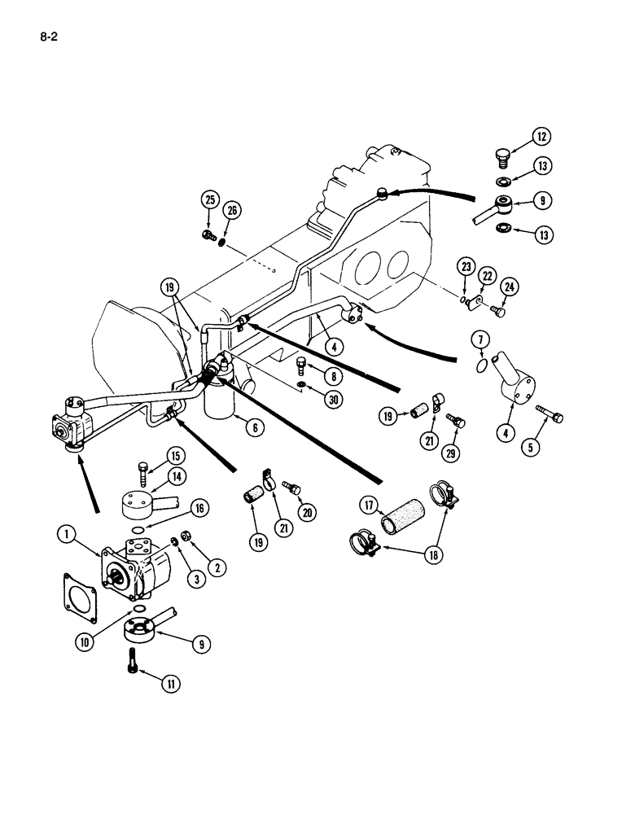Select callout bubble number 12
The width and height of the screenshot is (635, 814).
(x=542, y=136)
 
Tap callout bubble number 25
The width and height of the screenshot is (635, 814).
(x=211, y=200)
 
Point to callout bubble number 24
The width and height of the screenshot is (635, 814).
(x=508, y=286)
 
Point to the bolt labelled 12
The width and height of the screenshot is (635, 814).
(x=501, y=153)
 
